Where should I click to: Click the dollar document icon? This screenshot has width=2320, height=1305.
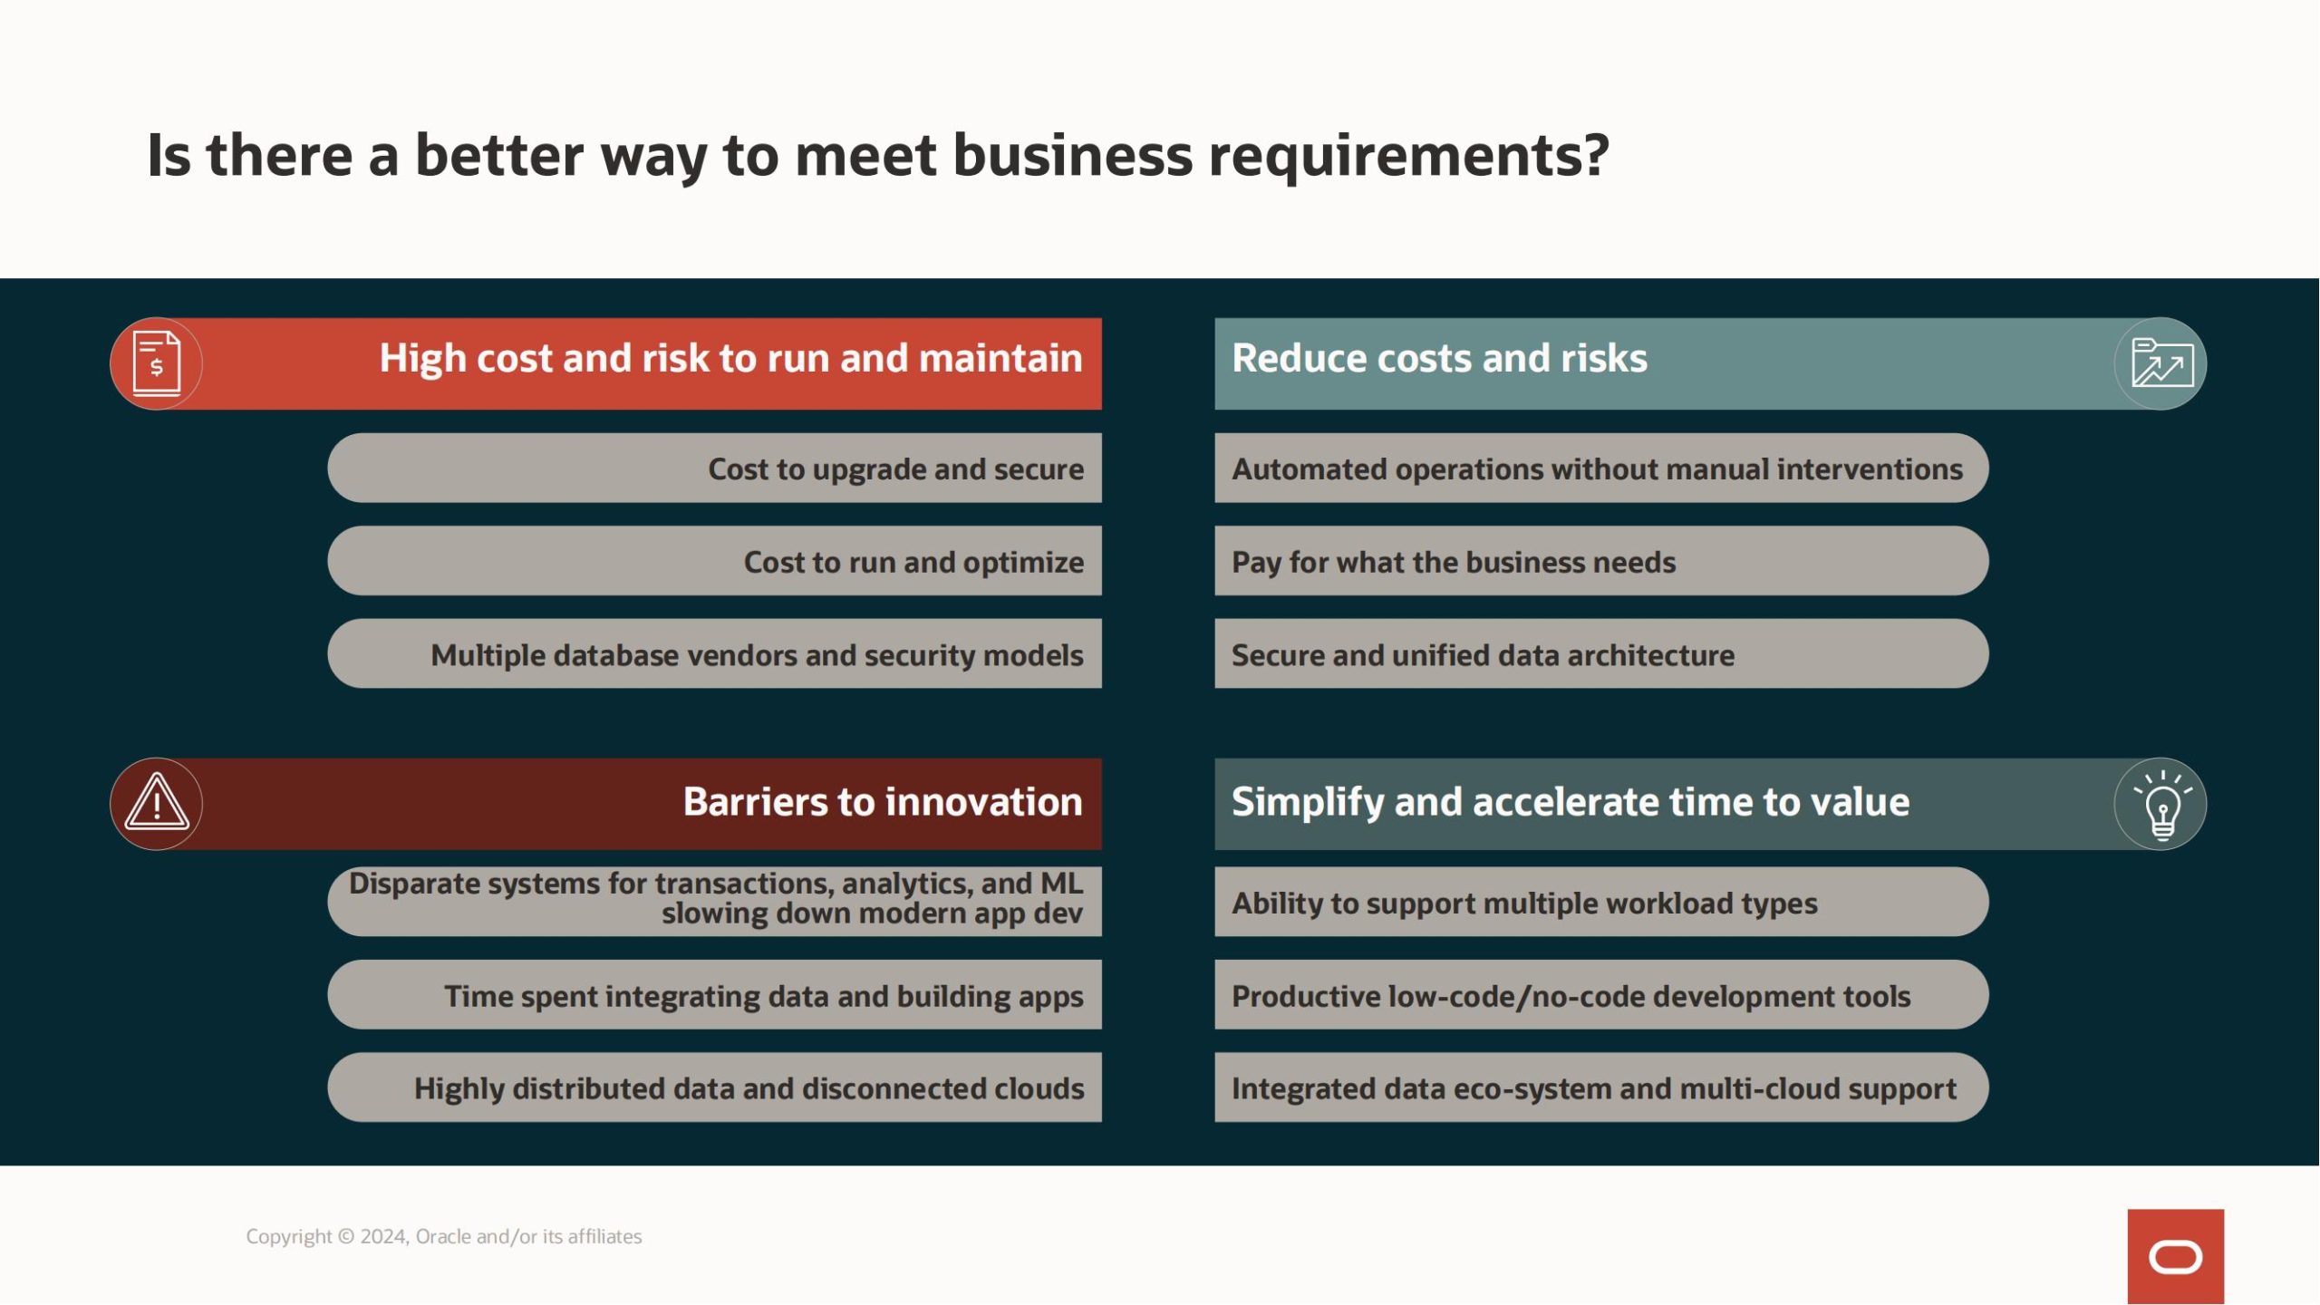[x=156, y=363]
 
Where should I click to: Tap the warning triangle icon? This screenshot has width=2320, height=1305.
[x=157, y=803]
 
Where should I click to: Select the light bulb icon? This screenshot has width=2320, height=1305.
[x=2162, y=805]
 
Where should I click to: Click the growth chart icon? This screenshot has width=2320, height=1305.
[x=2162, y=362]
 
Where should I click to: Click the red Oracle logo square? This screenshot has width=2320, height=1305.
[x=2175, y=1256]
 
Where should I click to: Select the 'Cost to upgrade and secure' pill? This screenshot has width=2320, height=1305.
[x=714, y=468]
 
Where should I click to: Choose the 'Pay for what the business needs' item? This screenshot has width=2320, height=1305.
[x=1601, y=561]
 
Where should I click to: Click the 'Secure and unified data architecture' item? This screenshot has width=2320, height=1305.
[x=1601, y=654]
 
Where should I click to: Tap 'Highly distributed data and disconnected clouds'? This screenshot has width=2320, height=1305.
[x=714, y=1087]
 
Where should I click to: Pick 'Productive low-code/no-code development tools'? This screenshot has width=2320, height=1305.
[x=1601, y=995]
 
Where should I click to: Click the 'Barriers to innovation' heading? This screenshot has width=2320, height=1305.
[x=883, y=802]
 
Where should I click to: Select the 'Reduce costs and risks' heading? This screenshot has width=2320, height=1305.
[x=1439, y=358]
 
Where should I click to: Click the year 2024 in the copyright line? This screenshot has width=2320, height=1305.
[x=383, y=1236]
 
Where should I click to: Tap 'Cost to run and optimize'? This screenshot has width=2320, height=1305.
[x=714, y=561]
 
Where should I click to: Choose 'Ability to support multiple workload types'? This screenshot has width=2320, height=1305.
[x=1601, y=902]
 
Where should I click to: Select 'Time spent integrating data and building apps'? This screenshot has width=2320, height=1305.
[x=714, y=995]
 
